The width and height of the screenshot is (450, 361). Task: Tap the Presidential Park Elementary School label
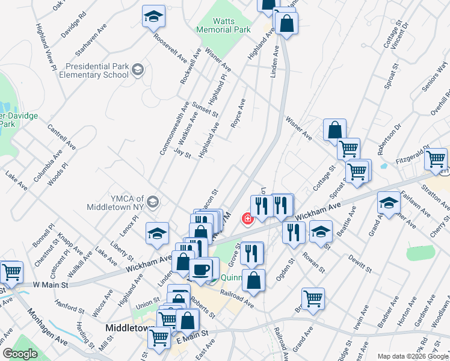(98, 70)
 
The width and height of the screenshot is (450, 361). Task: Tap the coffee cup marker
(200, 268)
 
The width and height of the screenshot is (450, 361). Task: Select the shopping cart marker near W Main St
(11, 272)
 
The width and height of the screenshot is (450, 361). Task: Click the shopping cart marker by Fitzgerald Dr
(436, 159)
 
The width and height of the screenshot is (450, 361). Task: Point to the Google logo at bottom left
(20, 354)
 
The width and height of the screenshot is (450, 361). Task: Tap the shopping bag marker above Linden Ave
(286, 23)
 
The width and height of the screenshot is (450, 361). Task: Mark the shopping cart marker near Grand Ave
(313, 298)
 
